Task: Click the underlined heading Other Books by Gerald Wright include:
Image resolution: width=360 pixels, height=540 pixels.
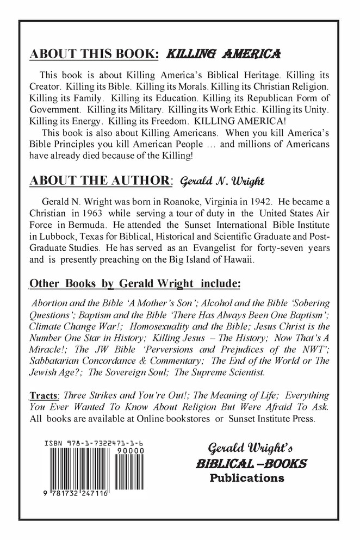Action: coord(134,284)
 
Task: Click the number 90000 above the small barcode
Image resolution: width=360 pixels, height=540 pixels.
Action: coord(132,451)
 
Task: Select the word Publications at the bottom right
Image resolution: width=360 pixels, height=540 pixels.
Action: coord(247,479)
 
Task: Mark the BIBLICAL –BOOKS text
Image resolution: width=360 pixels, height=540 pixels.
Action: coord(251,464)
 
